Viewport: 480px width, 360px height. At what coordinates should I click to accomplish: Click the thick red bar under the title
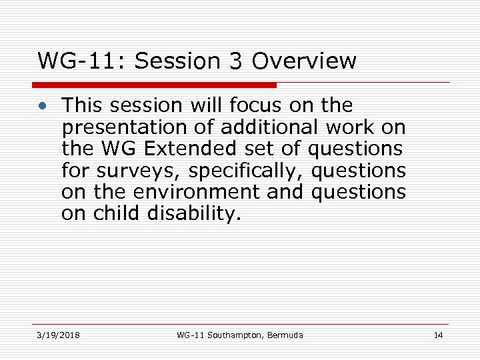(x=154, y=85)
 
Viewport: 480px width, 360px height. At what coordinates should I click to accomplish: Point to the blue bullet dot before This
(x=43, y=107)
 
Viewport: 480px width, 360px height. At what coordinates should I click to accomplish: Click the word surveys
(x=142, y=171)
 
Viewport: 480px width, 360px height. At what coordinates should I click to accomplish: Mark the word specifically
(x=247, y=171)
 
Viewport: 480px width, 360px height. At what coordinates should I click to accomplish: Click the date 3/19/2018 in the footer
(x=58, y=335)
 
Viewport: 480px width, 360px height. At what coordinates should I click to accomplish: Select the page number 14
(x=438, y=335)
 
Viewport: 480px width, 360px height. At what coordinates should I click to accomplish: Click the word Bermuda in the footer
(x=284, y=335)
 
